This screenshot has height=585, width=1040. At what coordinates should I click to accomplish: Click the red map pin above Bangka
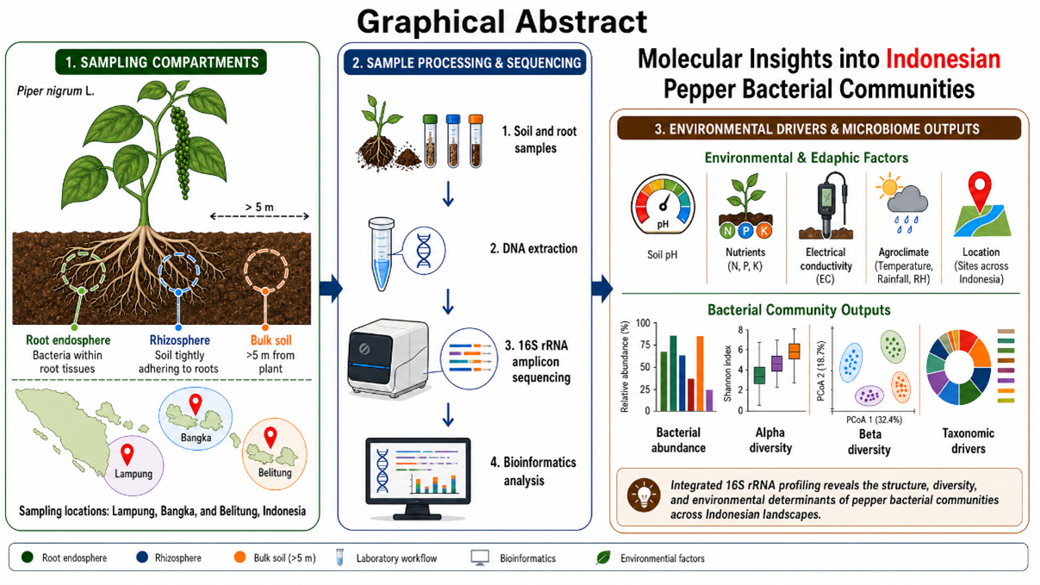click(196, 404)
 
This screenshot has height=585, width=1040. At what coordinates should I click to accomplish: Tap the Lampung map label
click(134, 474)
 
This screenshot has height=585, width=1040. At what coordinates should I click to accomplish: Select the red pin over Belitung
click(271, 438)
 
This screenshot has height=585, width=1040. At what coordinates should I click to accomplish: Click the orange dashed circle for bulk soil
click(266, 271)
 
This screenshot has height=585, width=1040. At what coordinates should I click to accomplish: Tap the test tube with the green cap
click(431, 140)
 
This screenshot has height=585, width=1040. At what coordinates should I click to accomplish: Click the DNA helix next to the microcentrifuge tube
click(423, 251)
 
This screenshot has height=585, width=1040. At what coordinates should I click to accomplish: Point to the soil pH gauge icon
click(663, 205)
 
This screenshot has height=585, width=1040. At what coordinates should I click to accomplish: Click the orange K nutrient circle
click(763, 231)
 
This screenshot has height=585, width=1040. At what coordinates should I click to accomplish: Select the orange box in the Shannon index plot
click(794, 351)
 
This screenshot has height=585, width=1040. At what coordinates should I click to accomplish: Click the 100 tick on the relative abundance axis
click(643, 323)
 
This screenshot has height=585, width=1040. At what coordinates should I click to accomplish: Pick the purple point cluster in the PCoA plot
click(869, 395)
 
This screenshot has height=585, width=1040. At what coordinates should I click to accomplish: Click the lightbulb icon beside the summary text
click(644, 495)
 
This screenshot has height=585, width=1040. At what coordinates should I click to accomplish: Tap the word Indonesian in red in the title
click(943, 59)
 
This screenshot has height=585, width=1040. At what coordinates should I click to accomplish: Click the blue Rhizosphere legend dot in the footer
click(142, 557)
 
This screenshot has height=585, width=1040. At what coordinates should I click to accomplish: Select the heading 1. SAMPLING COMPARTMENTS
click(161, 62)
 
